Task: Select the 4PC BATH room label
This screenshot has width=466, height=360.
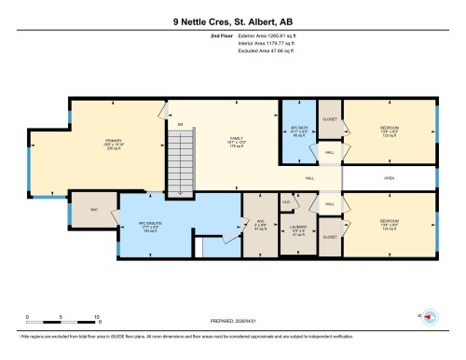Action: pyautogui.click(x=299, y=131)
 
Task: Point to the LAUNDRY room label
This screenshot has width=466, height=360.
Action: pyautogui.click(x=299, y=229)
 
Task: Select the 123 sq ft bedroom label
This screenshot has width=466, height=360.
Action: pyautogui.click(x=390, y=132)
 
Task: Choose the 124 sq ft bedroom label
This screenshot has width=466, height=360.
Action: pyautogui.click(x=390, y=225)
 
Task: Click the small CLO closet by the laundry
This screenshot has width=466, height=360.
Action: pyautogui.click(x=286, y=201)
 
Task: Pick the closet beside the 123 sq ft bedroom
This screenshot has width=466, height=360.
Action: pyautogui.click(x=330, y=120)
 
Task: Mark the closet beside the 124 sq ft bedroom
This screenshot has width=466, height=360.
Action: pyautogui.click(x=330, y=238)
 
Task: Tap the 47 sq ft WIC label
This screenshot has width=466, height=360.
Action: pyautogui.click(x=261, y=225)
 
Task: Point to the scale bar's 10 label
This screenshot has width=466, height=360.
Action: pyautogui.click(x=96, y=318)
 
